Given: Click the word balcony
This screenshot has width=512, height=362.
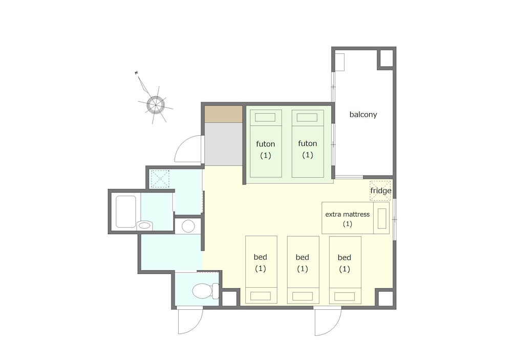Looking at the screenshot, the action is click(x=363, y=115).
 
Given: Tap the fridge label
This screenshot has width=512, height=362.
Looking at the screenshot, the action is click(x=381, y=190).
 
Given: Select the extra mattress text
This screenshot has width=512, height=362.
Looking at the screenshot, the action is click(x=348, y=215).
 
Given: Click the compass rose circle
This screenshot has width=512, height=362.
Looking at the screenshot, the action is click(x=155, y=104).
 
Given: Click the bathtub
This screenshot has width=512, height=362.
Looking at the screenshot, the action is click(x=126, y=211).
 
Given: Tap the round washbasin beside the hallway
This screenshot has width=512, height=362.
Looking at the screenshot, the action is click(x=188, y=226).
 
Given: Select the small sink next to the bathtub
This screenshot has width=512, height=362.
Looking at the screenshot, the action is click(x=144, y=225).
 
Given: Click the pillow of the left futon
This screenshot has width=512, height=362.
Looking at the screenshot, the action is click(x=265, y=117).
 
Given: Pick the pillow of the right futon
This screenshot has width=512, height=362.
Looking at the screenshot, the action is click(x=307, y=117).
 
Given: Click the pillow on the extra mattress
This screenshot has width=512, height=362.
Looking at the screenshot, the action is click(x=382, y=218).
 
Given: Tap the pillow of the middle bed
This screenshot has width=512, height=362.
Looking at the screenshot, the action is click(x=303, y=296).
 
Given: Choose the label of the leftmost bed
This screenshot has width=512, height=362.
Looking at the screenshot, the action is click(x=261, y=263).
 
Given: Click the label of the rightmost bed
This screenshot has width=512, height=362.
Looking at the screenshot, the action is click(x=345, y=263).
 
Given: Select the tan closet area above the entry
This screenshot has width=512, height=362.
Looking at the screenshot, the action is click(x=224, y=114).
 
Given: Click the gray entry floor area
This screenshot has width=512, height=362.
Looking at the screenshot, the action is click(x=224, y=144).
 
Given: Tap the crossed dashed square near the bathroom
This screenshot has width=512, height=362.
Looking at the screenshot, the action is click(x=160, y=179).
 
